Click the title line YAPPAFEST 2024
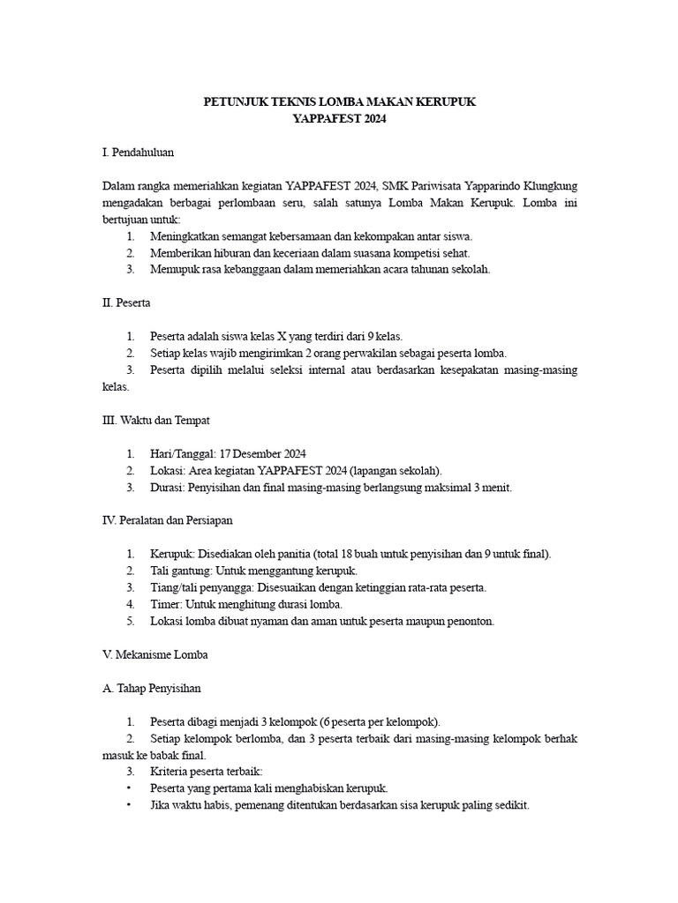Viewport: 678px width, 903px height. point(339,118)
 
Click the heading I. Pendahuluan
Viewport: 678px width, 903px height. point(139,153)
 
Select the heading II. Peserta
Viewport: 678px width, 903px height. point(126,302)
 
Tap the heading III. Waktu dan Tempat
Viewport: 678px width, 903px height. point(155,420)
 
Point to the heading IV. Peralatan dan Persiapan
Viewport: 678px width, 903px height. point(167,520)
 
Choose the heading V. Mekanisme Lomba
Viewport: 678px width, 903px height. point(154,655)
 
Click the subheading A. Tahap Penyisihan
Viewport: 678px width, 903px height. point(152,688)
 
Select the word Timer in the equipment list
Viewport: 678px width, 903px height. point(164,604)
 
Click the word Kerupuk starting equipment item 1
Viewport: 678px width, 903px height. point(171,554)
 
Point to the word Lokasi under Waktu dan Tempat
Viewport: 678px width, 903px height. point(167,470)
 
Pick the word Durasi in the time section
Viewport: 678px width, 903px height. point(167,487)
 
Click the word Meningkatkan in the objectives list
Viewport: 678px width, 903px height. point(185,236)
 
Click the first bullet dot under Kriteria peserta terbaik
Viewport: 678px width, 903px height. point(129,788)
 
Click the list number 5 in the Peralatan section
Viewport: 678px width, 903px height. point(129,621)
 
